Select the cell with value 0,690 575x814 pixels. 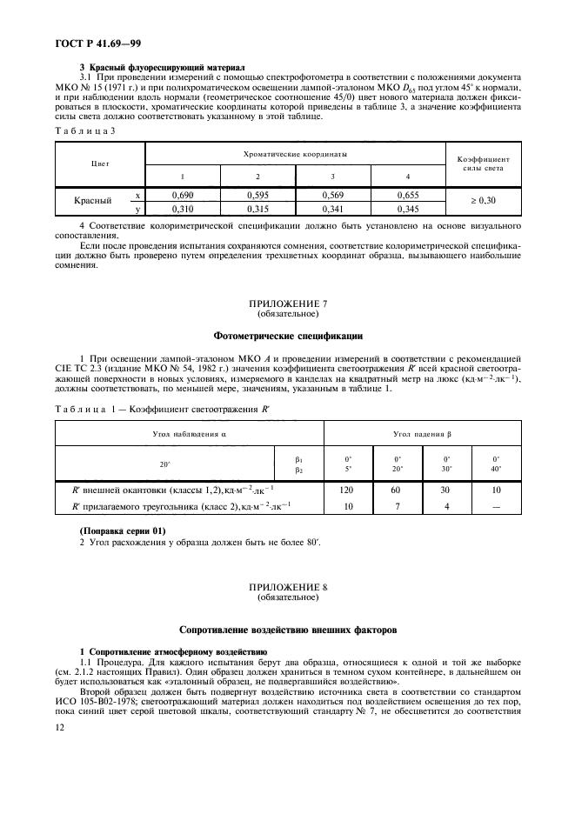click(182, 197)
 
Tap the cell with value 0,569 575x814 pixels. click(332, 197)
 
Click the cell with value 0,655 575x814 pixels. click(407, 197)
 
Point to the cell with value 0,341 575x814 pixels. click(332, 210)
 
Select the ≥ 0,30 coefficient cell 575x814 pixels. click(483, 201)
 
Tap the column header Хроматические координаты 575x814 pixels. click(295, 154)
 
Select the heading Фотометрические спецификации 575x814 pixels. click(287, 335)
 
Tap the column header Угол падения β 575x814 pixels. click(422, 432)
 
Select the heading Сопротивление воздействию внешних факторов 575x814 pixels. click(287, 628)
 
